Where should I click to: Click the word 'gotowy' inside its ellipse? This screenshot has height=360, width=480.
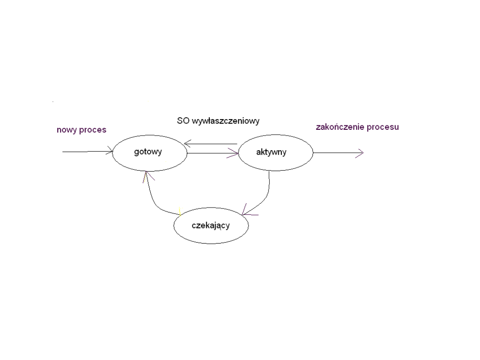click(148, 152)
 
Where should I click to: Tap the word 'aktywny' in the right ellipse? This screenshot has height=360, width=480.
click(271, 152)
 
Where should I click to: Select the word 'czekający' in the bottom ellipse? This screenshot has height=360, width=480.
click(211, 225)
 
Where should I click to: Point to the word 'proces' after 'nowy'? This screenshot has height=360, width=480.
click(93, 130)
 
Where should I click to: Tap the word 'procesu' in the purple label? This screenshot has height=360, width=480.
click(383, 127)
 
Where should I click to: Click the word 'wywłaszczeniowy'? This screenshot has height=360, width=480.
click(225, 120)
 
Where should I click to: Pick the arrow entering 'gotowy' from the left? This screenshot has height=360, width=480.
click(87, 152)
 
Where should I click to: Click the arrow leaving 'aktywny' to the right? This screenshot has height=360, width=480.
click(338, 152)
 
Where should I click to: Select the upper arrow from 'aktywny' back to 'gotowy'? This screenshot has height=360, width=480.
click(211, 144)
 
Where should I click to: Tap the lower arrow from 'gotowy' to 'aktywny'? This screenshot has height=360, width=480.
click(212, 154)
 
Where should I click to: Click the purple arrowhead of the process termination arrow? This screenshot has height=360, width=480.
click(360, 152)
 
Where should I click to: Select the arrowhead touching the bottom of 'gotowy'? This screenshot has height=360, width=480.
click(146, 176)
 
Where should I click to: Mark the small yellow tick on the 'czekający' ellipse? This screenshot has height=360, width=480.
click(180, 212)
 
